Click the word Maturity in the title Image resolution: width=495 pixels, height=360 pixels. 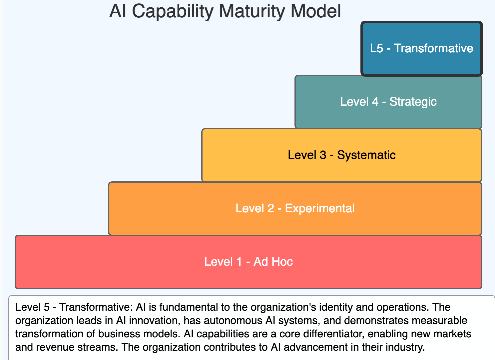[x=252, y=11]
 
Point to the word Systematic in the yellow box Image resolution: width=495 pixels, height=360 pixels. [x=366, y=155]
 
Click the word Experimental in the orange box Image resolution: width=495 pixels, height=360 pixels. [x=320, y=208]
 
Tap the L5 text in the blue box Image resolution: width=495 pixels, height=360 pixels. [x=377, y=48]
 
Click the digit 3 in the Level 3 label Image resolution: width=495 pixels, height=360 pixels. [x=323, y=155]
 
